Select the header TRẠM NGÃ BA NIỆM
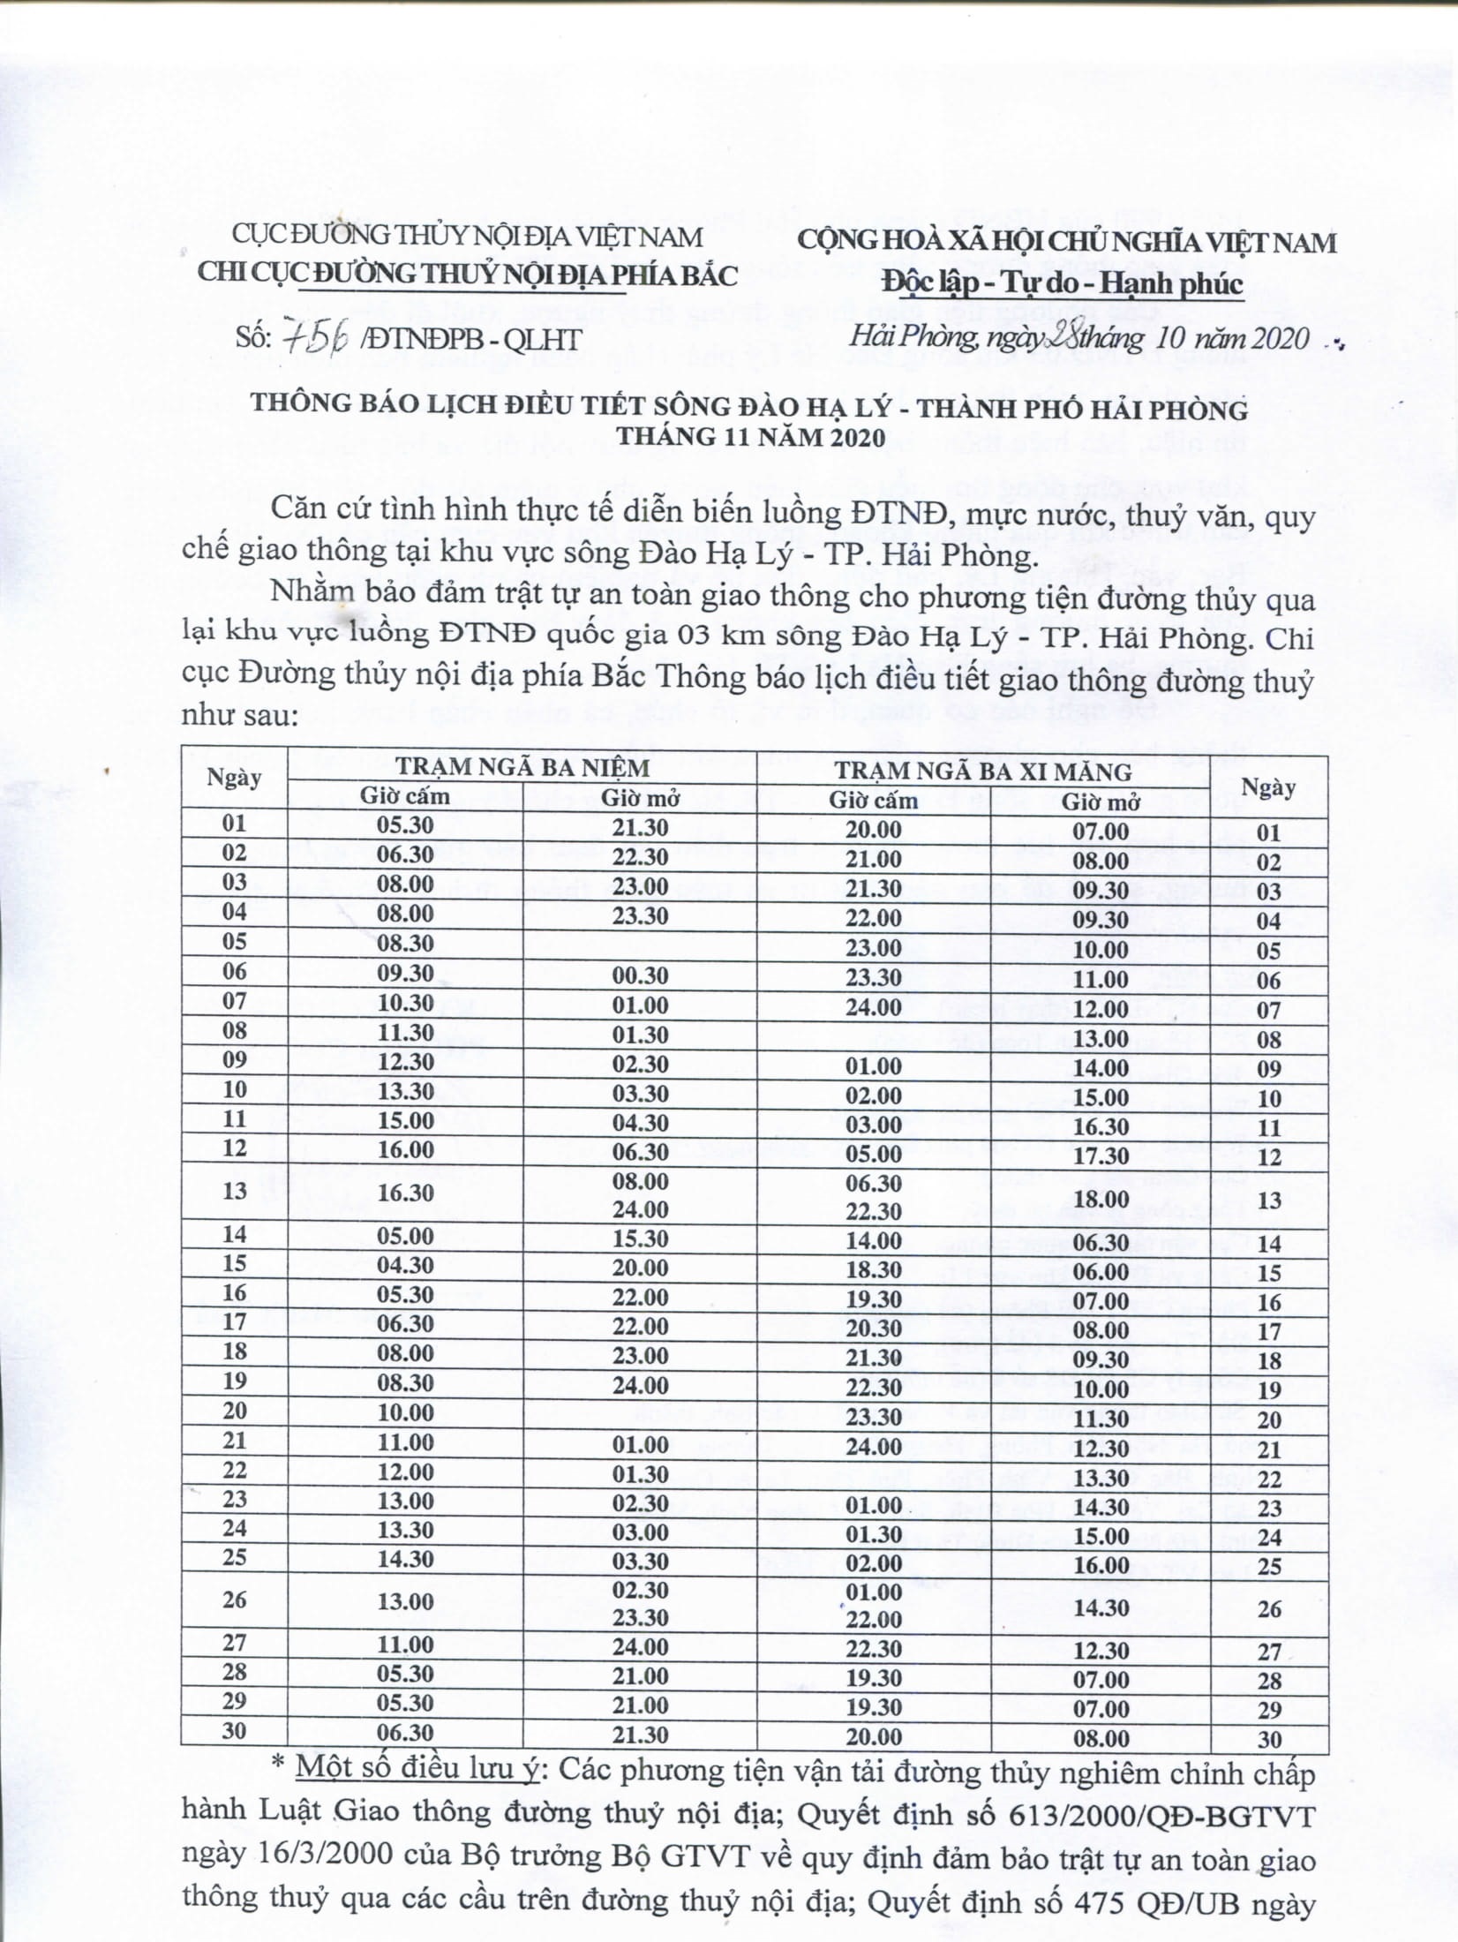click(522, 766)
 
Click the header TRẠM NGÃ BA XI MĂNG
click(983, 772)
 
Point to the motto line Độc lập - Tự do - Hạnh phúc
click(1063, 283)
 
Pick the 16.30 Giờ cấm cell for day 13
click(405, 1193)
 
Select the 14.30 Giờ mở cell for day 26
click(1101, 1607)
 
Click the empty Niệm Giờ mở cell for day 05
click(640, 944)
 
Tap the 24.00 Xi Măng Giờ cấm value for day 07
click(874, 1007)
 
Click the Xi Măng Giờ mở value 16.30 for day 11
click(1101, 1126)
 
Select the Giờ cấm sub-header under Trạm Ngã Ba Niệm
click(405, 795)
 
